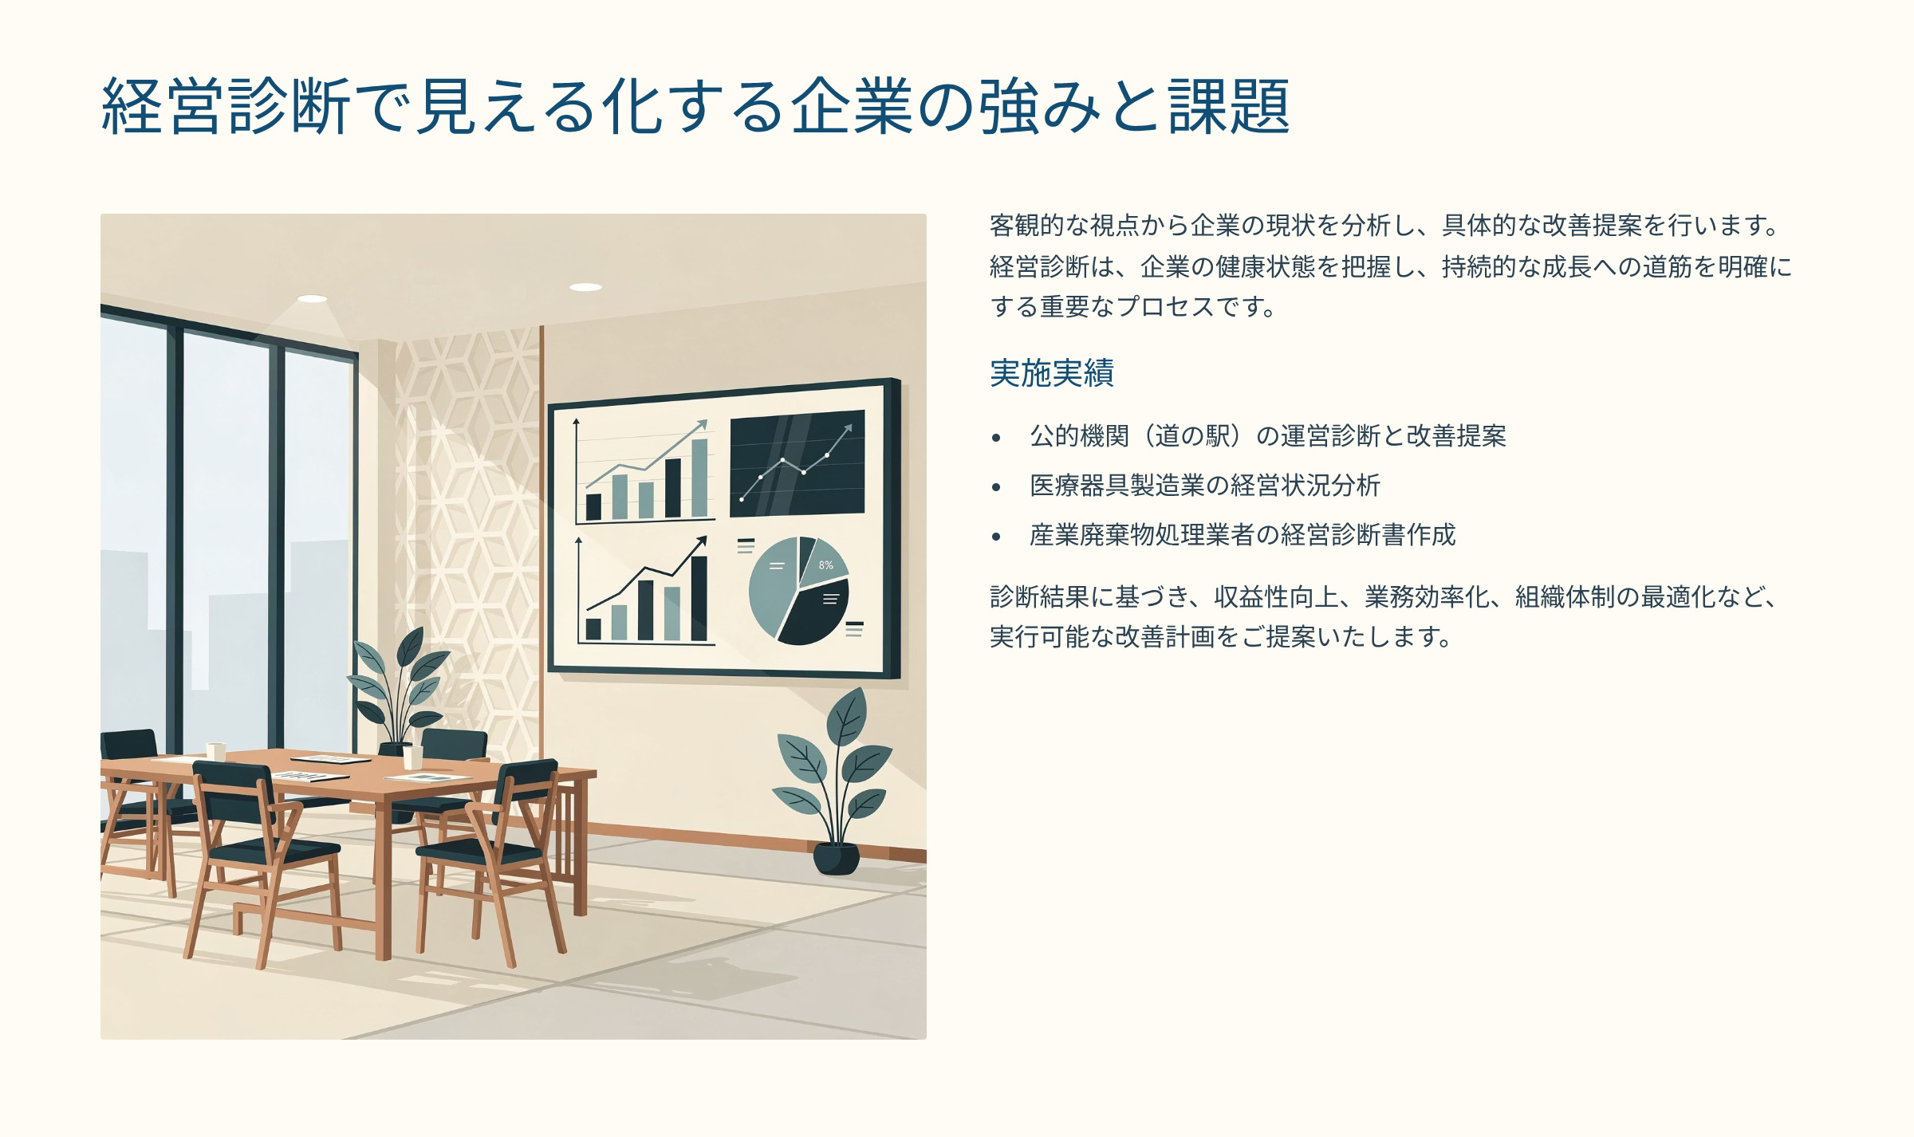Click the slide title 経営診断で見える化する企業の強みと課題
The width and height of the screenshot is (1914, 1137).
click(695, 106)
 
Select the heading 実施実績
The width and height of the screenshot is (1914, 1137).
click(1052, 373)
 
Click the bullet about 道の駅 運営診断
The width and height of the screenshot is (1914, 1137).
click(1268, 436)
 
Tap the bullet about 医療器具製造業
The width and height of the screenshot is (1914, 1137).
click(1205, 486)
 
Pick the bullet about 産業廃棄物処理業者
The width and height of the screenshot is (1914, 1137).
click(1243, 535)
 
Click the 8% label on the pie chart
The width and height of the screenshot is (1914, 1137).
click(825, 565)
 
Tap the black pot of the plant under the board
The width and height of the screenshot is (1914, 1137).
click(836, 859)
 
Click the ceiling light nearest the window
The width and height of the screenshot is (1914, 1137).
click(312, 299)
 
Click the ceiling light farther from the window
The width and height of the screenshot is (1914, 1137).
click(585, 287)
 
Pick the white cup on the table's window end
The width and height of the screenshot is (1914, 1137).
click(215, 751)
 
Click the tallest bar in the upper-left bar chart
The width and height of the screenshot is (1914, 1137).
click(699, 478)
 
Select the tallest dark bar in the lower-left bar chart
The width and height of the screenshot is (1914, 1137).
click(699, 599)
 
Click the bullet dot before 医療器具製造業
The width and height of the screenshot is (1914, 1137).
click(996, 487)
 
